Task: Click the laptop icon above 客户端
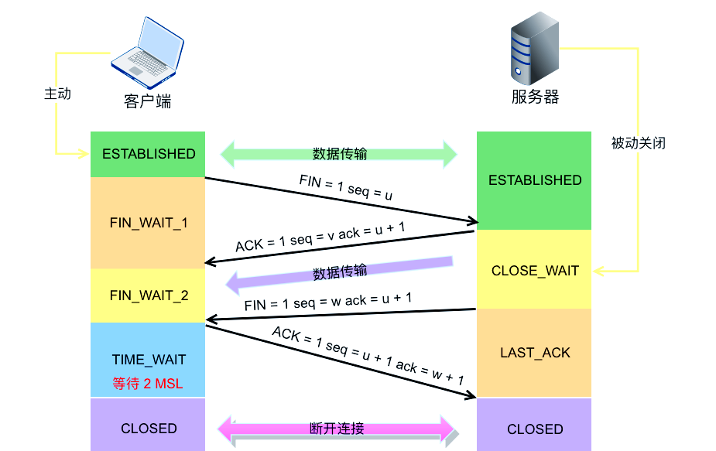(147, 53)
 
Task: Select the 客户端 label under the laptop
(147, 101)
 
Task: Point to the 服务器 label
(535, 97)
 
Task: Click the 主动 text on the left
(57, 94)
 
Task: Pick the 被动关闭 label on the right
(638, 143)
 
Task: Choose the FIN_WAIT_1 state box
(148, 223)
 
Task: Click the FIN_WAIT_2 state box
(148, 296)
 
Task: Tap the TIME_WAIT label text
(149, 360)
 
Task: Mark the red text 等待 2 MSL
(148, 384)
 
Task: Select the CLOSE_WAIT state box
(534, 269)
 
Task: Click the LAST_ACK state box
(534, 353)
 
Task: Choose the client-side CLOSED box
(148, 425)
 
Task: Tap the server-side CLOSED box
(534, 425)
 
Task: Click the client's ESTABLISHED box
(148, 154)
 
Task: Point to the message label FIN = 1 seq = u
(346, 188)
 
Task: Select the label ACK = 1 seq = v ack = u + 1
(320, 237)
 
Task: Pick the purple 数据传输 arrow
(339, 274)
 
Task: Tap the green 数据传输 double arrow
(339, 154)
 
